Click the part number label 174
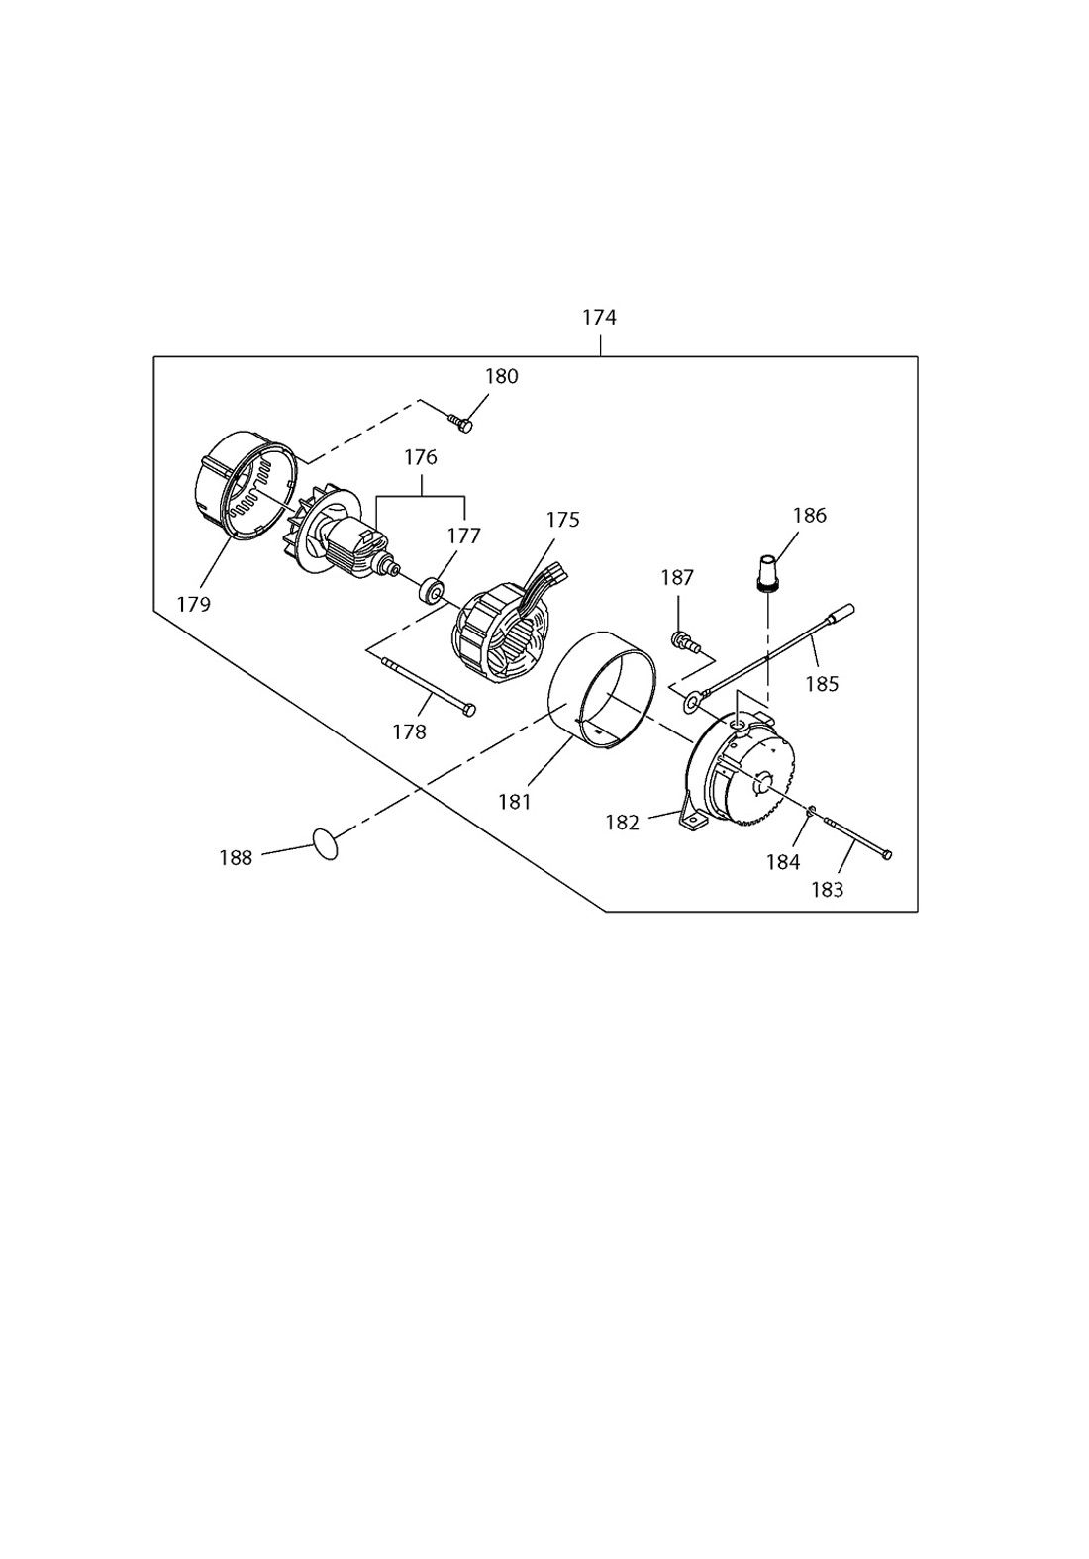(x=600, y=318)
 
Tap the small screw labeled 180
(x=459, y=424)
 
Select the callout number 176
(x=421, y=457)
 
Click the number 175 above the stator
(x=562, y=520)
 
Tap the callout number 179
(x=194, y=604)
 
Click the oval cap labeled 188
(x=326, y=843)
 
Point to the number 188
(x=236, y=858)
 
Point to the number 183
(x=828, y=890)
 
